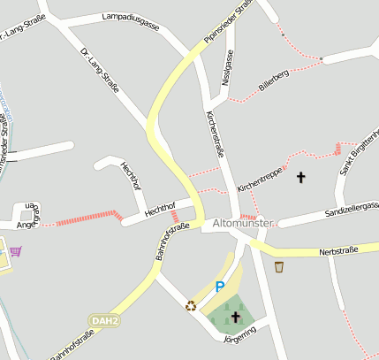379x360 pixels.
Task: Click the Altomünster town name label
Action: click(245, 226)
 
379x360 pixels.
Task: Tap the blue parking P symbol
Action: click(220, 287)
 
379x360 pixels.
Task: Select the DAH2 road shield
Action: click(103, 319)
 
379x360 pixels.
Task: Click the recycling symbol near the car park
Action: click(191, 306)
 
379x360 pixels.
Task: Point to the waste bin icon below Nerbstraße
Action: click(279, 267)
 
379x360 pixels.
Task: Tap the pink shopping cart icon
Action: click(16, 251)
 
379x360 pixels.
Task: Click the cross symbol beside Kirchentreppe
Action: click(300, 177)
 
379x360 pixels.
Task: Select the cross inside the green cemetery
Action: click(235, 316)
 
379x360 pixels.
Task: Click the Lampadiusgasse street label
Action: click(131, 21)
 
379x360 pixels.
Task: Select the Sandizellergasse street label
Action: click(352, 209)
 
